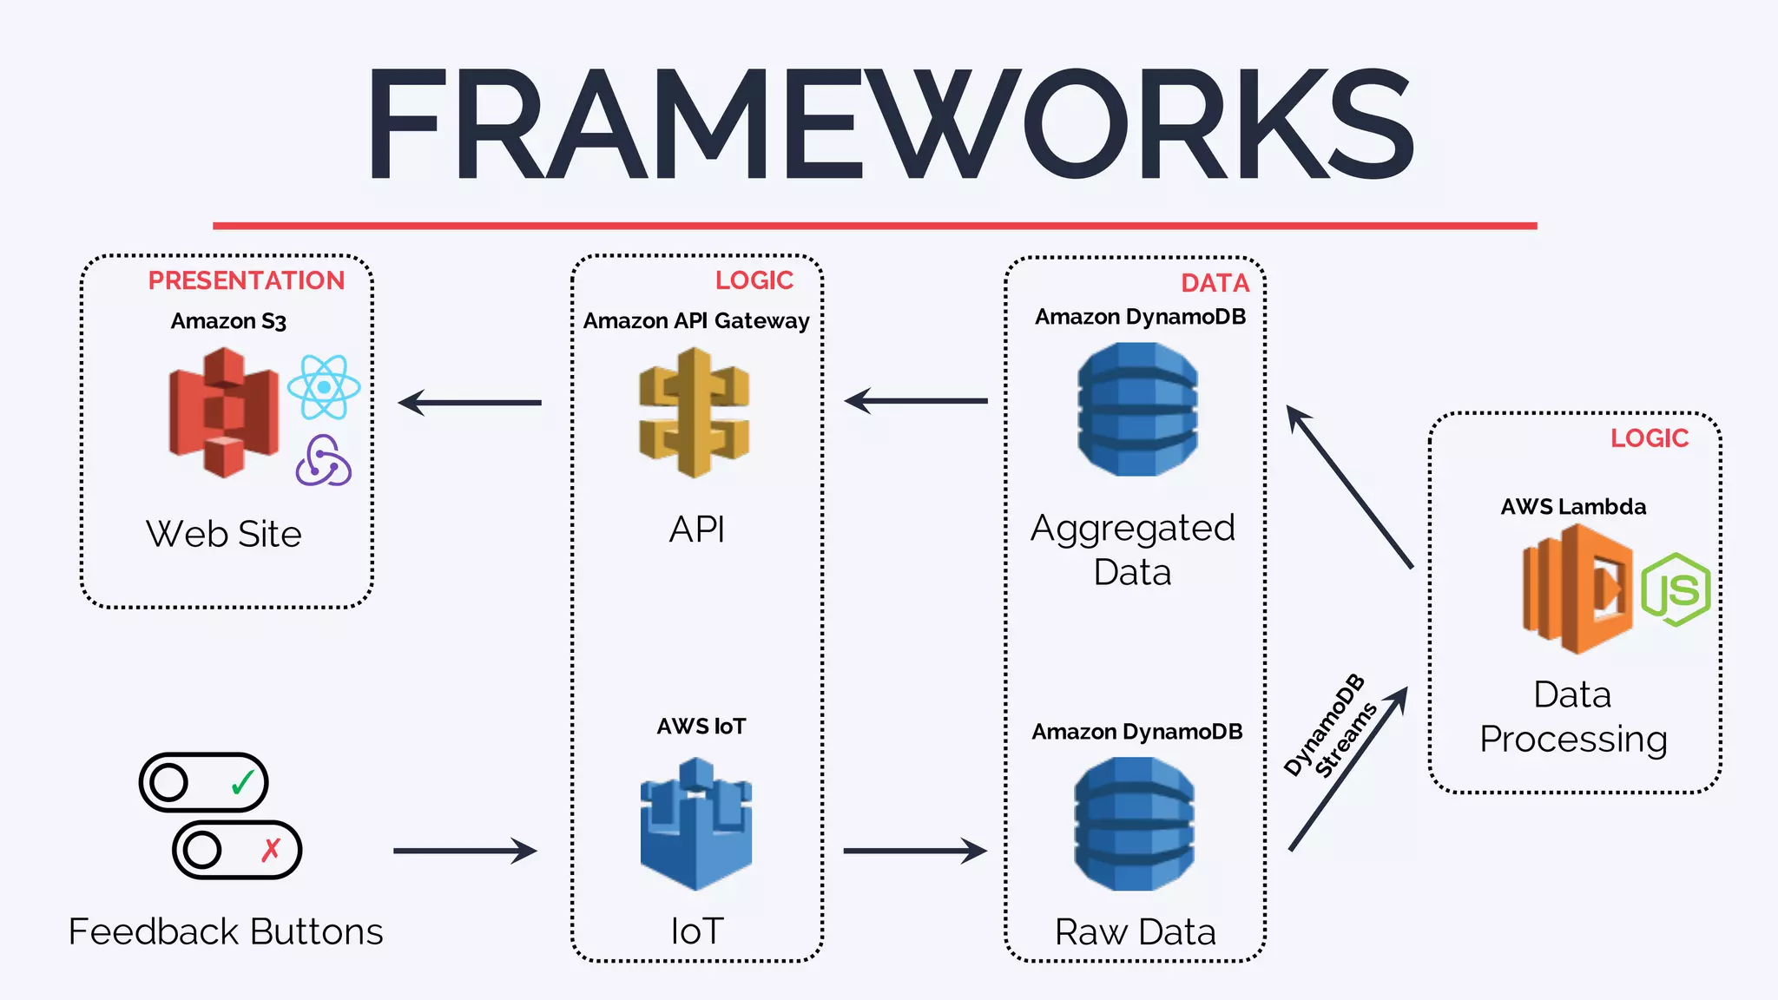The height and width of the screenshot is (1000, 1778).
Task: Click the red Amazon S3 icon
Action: (224, 412)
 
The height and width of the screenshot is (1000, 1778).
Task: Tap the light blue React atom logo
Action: (324, 387)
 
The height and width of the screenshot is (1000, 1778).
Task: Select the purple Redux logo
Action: (323, 461)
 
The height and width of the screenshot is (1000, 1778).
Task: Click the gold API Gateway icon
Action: (694, 412)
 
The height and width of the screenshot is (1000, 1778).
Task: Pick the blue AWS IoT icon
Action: (695, 824)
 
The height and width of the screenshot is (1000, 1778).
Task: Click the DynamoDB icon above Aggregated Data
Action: (1137, 409)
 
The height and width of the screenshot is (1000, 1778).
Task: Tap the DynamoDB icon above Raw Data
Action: (1134, 824)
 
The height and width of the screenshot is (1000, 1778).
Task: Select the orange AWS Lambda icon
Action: (1577, 589)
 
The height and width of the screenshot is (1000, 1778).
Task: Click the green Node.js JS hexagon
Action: (1676, 590)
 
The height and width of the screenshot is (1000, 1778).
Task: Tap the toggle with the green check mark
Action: (204, 782)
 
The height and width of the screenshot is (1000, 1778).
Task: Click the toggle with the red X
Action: (237, 850)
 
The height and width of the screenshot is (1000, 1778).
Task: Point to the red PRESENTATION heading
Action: (247, 280)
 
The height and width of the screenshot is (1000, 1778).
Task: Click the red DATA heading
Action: (1215, 283)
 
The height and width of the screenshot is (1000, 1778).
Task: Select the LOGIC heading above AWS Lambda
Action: (1649, 438)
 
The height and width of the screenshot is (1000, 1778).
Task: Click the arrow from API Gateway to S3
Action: (470, 403)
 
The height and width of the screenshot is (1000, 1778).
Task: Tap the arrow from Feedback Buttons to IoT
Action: (465, 851)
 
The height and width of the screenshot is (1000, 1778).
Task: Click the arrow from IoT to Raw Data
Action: (915, 851)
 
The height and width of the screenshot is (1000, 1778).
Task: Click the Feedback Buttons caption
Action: (226, 931)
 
